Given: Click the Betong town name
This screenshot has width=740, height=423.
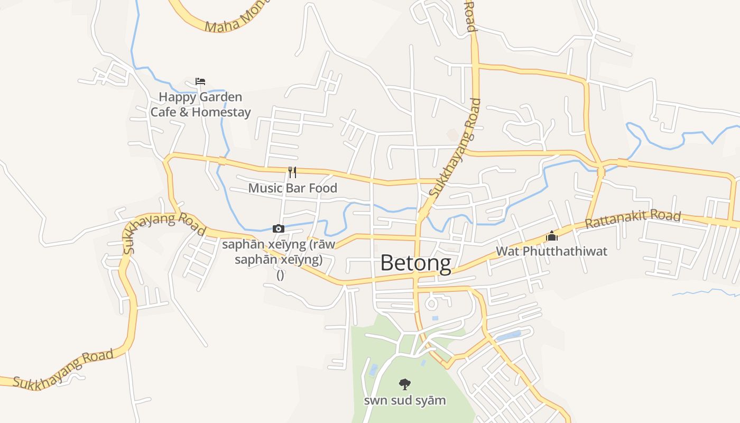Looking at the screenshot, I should pyautogui.click(x=415, y=263).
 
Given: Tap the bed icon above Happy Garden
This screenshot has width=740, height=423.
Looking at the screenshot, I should pyautogui.click(x=200, y=81).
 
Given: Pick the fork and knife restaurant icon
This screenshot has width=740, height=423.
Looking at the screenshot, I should pyautogui.click(x=292, y=172).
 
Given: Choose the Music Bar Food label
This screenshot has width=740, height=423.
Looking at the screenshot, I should pyautogui.click(x=292, y=188).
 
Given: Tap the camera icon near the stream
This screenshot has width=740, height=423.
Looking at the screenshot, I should pyautogui.click(x=278, y=229).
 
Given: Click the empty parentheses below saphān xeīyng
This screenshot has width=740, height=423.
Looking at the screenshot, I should pyautogui.click(x=280, y=275).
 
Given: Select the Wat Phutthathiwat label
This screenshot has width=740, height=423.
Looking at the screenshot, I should pyautogui.click(x=551, y=251).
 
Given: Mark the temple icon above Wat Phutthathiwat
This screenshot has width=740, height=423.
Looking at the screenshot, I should pyautogui.click(x=552, y=236).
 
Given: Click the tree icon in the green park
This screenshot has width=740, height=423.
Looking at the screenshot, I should pyautogui.click(x=404, y=384).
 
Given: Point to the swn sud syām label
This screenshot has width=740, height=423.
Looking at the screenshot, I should pyautogui.click(x=404, y=400).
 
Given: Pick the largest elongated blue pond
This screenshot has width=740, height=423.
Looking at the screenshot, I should pyautogui.click(x=508, y=336).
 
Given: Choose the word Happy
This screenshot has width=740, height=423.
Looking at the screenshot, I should pyautogui.click(x=178, y=97).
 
